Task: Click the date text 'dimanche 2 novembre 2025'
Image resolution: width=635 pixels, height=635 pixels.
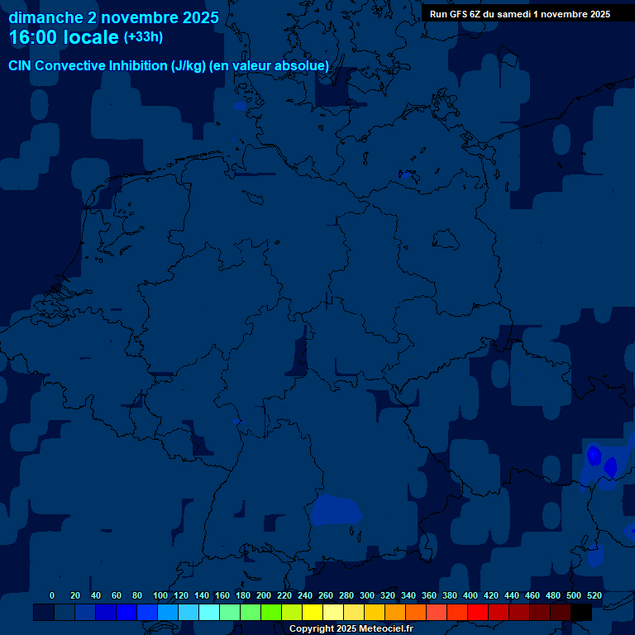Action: point(114,17)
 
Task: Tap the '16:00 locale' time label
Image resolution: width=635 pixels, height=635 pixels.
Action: point(64,37)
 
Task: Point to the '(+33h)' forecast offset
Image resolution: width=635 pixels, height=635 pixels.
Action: point(143,37)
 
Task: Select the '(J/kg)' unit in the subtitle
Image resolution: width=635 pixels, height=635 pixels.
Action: point(189,65)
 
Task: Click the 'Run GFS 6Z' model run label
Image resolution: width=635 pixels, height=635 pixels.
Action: point(460,14)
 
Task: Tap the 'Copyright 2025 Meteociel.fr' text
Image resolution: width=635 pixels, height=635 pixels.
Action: point(351,629)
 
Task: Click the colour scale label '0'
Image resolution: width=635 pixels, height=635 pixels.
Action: point(52,595)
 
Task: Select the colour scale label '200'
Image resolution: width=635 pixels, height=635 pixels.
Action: point(263,595)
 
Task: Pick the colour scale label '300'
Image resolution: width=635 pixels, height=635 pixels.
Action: point(366,595)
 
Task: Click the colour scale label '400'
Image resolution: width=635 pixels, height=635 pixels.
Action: point(470,595)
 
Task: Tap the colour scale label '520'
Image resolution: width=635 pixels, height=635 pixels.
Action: point(594,595)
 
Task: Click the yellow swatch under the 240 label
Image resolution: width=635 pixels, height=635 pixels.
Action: point(313,613)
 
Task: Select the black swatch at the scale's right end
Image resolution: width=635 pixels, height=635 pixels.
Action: point(581,613)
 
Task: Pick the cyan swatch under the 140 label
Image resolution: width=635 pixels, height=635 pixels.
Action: point(209,613)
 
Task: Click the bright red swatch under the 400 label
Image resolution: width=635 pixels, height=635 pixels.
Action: point(478,613)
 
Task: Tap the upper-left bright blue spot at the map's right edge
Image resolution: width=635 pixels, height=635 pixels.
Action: point(594,454)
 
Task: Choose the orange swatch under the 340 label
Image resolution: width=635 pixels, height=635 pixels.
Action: point(416,613)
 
